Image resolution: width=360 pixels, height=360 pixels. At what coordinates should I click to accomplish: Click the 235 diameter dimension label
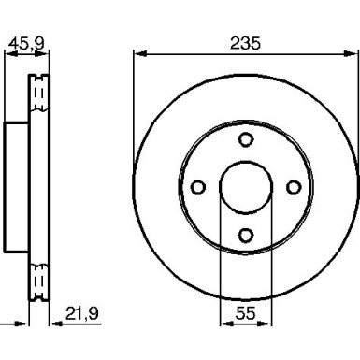pyautogui.click(x=245, y=43)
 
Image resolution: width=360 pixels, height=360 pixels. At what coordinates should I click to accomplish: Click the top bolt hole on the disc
pyautogui.click(x=245, y=139)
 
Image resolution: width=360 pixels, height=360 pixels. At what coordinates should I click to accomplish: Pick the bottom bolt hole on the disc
pyautogui.click(x=245, y=235)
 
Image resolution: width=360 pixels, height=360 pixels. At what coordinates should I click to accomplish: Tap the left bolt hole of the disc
pyautogui.click(x=197, y=187)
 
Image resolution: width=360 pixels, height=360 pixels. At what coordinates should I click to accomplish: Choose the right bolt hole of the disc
pyautogui.click(x=293, y=187)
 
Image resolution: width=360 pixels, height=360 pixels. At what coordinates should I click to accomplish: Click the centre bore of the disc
pyautogui.click(x=245, y=187)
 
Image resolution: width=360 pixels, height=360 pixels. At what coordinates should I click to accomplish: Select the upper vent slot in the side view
pyautogui.click(x=39, y=93)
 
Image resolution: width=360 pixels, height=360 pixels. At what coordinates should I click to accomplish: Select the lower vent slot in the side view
pyautogui.click(x=39, y=280)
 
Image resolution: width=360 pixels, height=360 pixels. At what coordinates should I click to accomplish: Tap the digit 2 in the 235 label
pyautogui.click(x=234, y=43)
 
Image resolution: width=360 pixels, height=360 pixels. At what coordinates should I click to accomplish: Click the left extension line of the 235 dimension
pyautogui.click(x=134, y=112)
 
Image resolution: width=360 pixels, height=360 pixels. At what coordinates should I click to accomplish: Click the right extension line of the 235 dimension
pyautogui.click(x=356, y=112)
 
